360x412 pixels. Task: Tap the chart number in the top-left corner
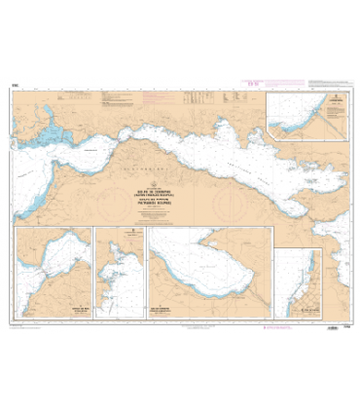coord(16,87)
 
